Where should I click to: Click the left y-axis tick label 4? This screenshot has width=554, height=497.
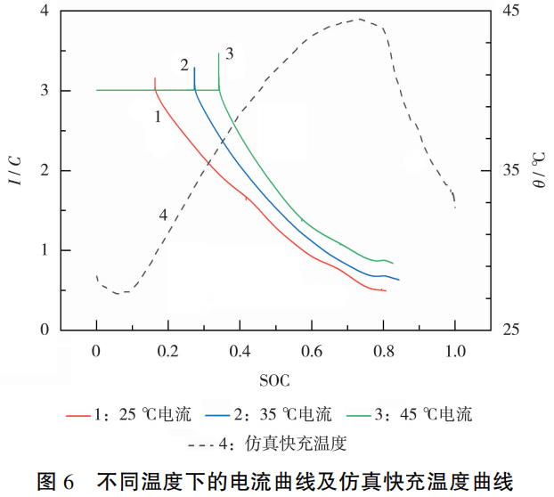click(x=43, y=12)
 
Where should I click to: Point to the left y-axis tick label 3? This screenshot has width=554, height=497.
click(x=43, y=91)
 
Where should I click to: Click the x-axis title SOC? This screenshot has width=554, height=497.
click(x=275, y=381)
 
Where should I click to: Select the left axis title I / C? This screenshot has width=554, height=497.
click(x=15, y=170)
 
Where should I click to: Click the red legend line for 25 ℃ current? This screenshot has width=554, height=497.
click(x=77, y=414)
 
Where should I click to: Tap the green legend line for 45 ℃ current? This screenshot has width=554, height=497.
click(x=359, y=414)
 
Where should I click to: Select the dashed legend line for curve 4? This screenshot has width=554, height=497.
click(x=209, y=443)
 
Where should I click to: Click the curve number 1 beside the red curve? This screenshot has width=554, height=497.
click(x=157, y=116)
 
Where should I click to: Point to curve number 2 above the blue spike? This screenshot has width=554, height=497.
click(x=184, y=65)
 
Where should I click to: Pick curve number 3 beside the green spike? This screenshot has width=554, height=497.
click(x=229, y=54)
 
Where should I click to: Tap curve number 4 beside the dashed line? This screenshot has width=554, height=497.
click(x=163, y=215)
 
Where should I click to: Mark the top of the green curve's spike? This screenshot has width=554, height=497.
click(x=219, y=53)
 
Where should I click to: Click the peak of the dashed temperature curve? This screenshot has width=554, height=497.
click(x=359, y=19)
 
